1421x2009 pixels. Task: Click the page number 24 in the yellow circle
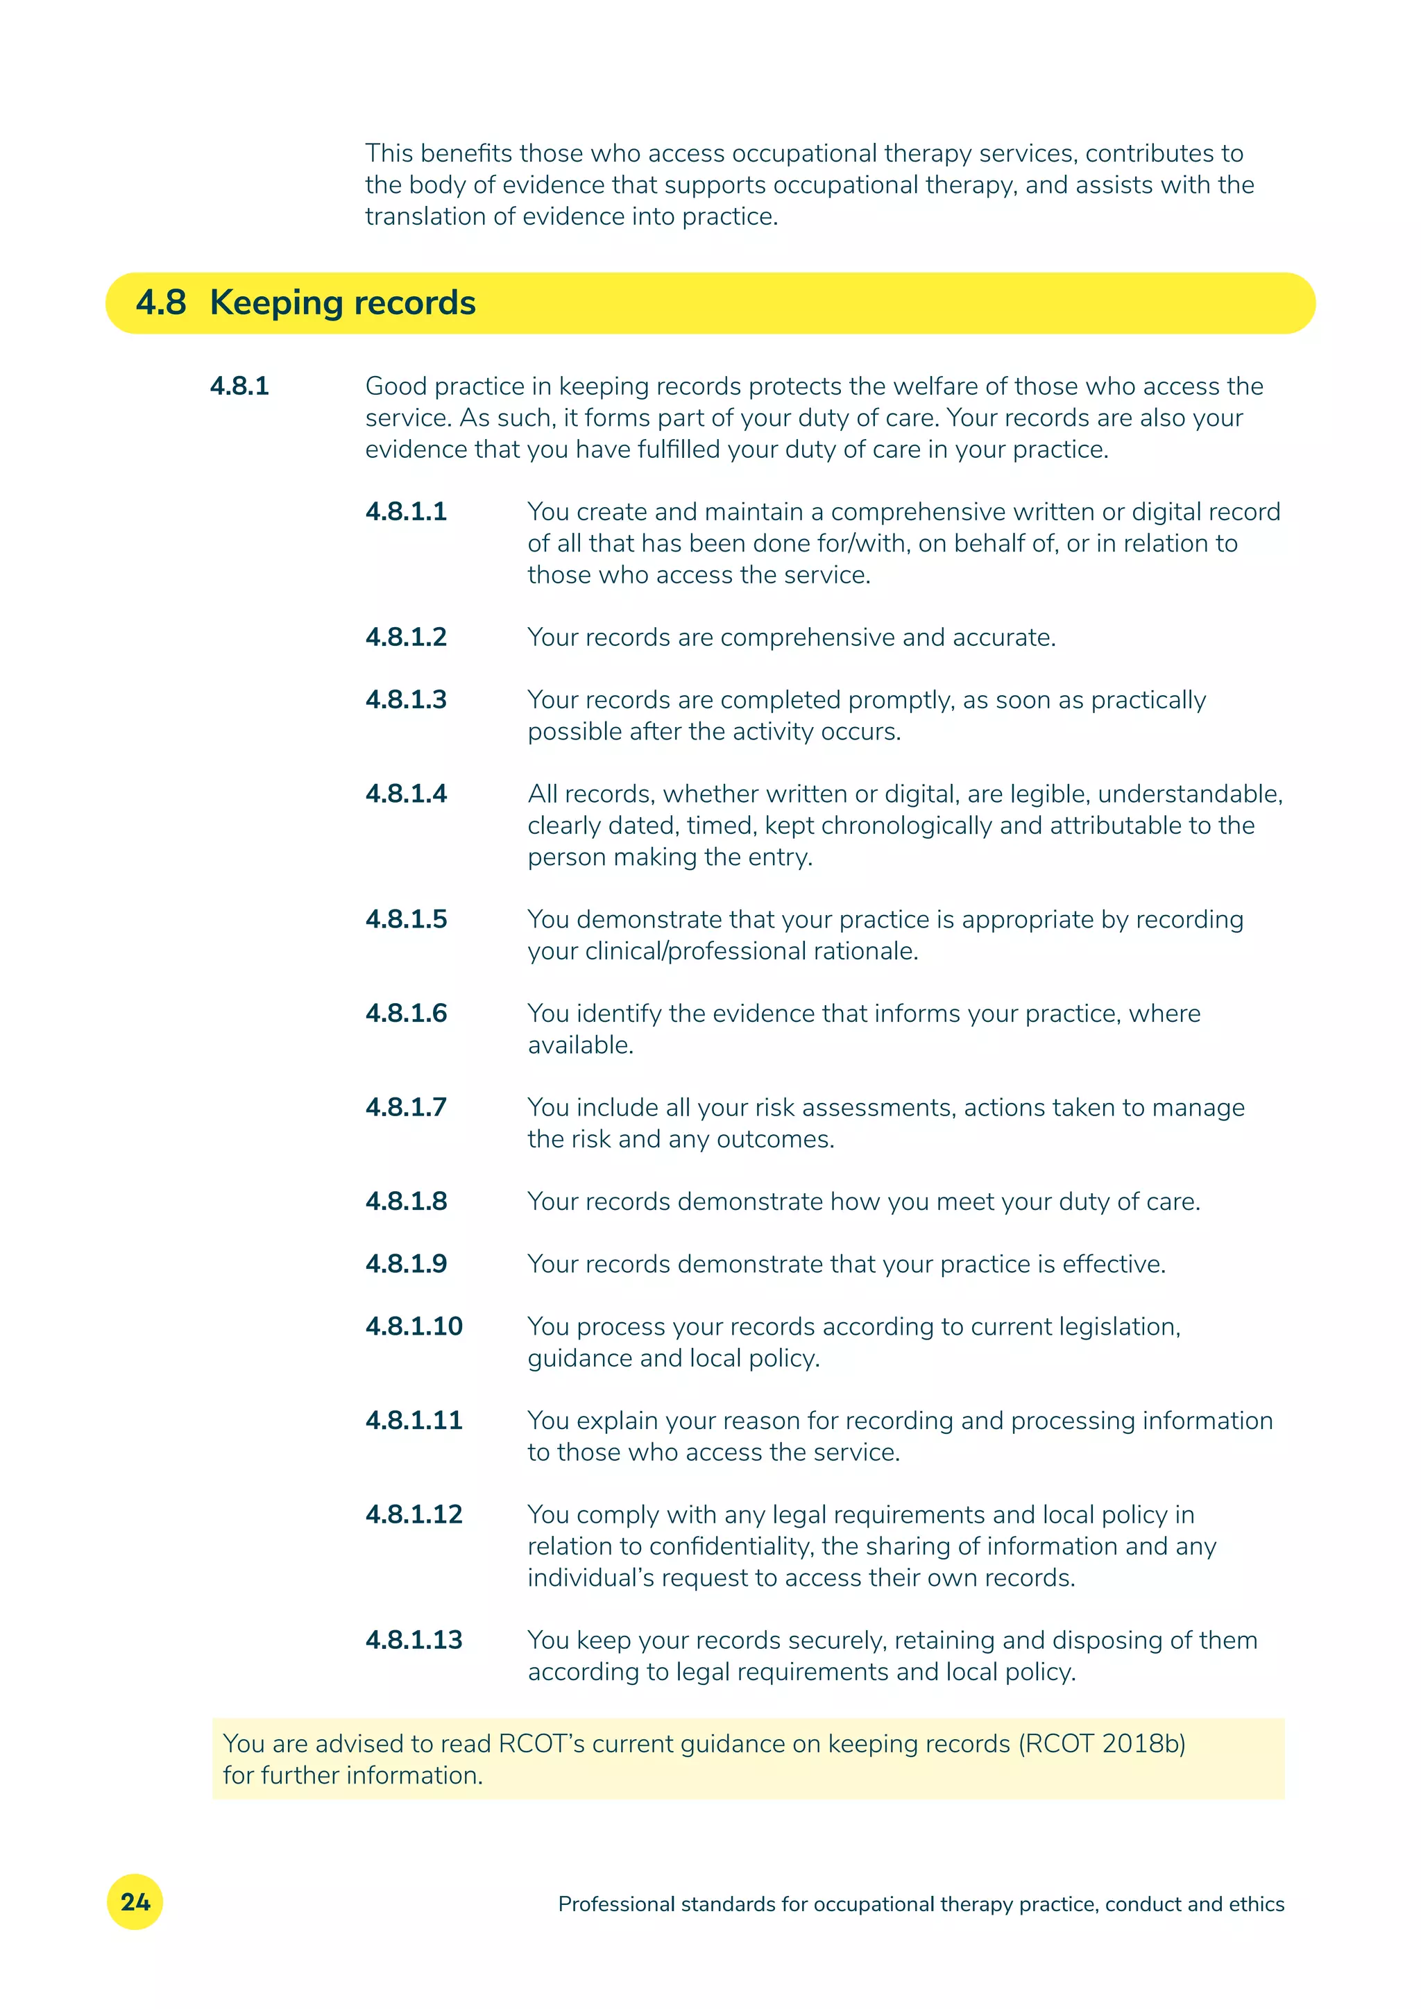135,1901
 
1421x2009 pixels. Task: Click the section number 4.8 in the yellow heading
161,302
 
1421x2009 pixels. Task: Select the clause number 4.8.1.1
406,512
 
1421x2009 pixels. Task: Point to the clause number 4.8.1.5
406,920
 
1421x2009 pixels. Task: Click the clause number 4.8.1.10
414,1326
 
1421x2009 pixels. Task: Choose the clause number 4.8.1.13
414,1640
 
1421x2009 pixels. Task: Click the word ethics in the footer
1257,1904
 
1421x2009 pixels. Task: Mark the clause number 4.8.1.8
406,1202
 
